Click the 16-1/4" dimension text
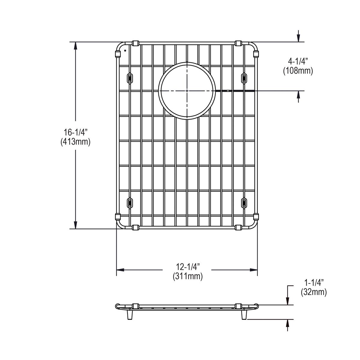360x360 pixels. (75, 132)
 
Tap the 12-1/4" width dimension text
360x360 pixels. (187, 266)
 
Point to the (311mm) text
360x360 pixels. (187, 276)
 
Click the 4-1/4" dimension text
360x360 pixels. (298, 61)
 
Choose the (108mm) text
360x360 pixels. (298, 71)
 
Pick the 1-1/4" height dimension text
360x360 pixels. (314, 283)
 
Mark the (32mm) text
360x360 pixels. (314, 292)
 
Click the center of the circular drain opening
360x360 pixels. (187, 91)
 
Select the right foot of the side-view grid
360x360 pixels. (244, 315)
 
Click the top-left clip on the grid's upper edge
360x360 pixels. (135, 43)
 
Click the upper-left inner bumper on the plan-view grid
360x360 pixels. (130, 78)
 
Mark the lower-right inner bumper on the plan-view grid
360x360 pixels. (244, 203)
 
